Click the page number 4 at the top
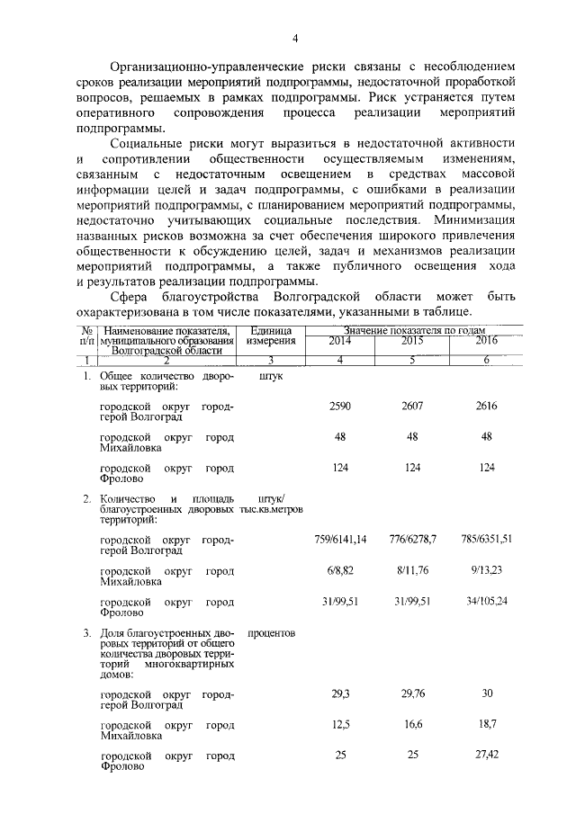[x=294, y=38]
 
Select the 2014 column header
[x=340, y=342]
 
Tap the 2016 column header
[x=486, y=342]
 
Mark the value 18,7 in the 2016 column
[x=486, y=724]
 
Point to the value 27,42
[x=486, y=755]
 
